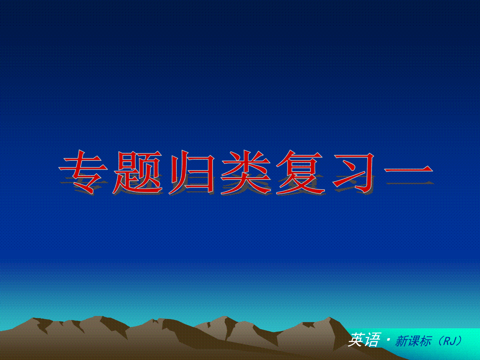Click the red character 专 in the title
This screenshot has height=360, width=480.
[x=83, y=172]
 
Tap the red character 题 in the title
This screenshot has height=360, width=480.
[x=138, y=172]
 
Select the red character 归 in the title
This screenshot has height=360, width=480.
[x=192, y=172]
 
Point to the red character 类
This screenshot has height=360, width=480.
[x=246, y=172]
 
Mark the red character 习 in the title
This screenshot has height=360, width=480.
[x=353, y=173]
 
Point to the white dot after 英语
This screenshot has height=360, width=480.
[x=388, y=340]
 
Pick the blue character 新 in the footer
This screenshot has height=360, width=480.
[x=402, y=341]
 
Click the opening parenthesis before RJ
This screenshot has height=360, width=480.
[x=441, y=341]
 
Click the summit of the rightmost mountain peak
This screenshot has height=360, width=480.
[x=329, y=317]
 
